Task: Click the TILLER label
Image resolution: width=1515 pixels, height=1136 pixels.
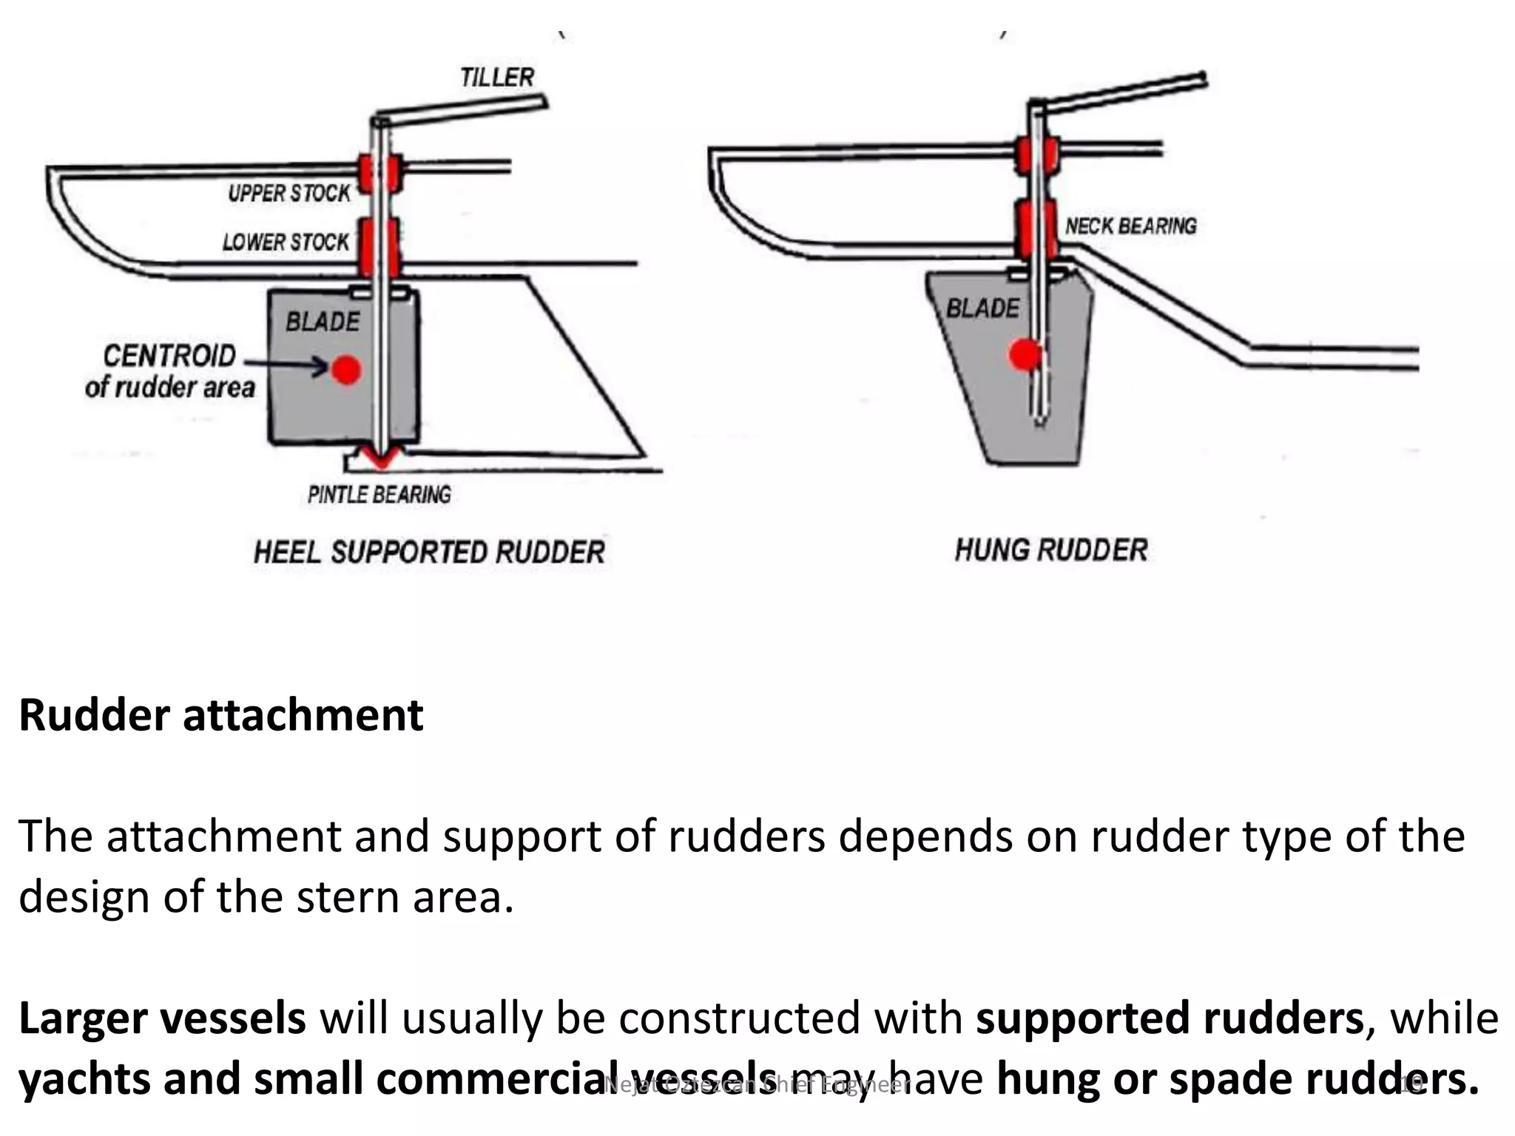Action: [496, 77]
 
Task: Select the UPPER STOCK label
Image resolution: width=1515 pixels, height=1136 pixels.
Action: [289, 194]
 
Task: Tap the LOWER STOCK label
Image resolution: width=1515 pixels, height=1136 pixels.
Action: [286, 242]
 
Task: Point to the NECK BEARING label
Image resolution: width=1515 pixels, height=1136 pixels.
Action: [1130, 226]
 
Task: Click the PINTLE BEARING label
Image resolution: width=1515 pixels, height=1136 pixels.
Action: [379, 494]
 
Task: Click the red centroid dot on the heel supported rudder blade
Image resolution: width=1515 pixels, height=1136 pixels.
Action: [346, 369]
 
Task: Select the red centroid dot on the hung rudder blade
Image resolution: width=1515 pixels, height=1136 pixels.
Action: [1025, 355]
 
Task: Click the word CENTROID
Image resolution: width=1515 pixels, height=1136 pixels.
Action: [169, 356]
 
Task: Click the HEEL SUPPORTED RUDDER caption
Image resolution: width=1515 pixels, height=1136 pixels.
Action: [429, 552]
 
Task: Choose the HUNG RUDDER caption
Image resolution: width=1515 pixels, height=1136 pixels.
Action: [1050, 550]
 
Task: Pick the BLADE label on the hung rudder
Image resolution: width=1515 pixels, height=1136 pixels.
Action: [982, 308]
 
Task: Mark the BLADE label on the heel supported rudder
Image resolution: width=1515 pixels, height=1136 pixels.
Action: [323, 322]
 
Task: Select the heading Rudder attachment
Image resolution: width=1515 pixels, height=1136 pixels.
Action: [220, 715]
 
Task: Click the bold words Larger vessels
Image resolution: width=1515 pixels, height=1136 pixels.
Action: [162, 1018]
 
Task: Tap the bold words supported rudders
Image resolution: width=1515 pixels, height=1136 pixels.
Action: [1169, 1018]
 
